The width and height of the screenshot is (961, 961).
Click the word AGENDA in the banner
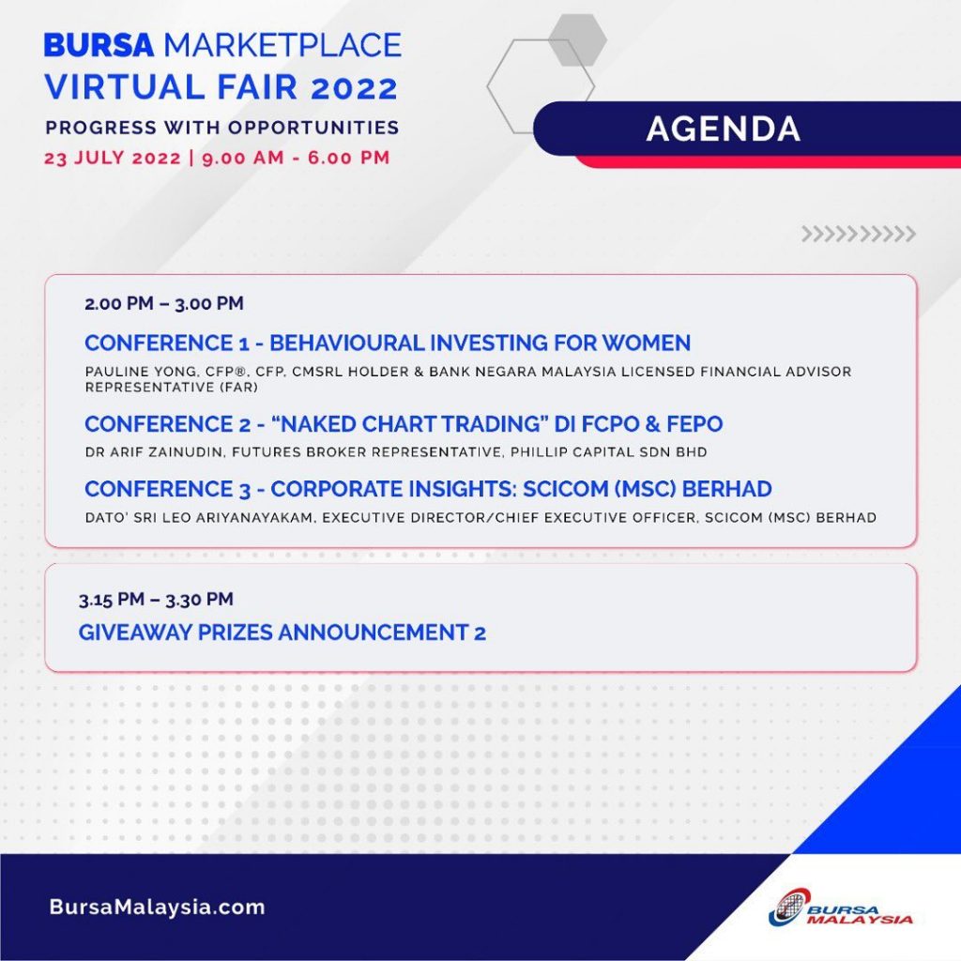pos(723,130)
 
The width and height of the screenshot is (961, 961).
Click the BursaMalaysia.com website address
pos(157,908)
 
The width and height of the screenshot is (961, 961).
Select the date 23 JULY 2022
pos(112,158)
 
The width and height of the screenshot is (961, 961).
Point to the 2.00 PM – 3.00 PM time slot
pos(164,303)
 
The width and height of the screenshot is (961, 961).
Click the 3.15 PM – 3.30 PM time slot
pos(156,599)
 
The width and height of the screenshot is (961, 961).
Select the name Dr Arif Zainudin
pos(145,452)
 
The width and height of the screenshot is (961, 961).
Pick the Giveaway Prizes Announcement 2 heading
pos(282,633)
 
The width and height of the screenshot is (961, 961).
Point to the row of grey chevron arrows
pos(858,234)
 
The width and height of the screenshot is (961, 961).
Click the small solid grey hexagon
pos(577,39)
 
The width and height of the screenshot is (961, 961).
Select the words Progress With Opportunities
pos(221,128)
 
